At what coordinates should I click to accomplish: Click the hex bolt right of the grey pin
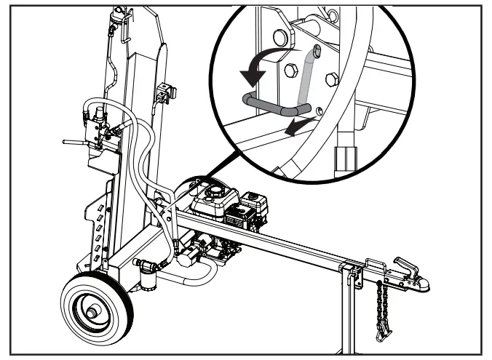coord(332,80)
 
